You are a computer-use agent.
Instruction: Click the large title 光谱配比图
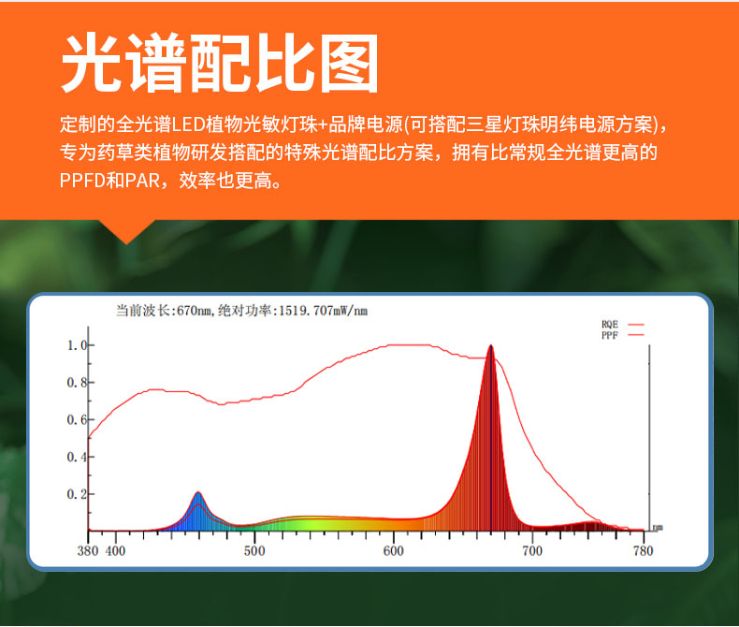[x=220, y=64]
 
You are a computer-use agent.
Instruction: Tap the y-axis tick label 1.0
[x=78, y=345]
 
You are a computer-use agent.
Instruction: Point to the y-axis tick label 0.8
[x=78, y=383]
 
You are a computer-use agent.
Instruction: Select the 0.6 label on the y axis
[x=78, y=419]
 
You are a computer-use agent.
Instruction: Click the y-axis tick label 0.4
[x=78, y=457]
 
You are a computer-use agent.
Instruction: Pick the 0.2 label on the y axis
[x=78, y=494]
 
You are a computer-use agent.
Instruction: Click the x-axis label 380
[x=88, y=551]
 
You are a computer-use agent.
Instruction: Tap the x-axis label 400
[x=115, y=551]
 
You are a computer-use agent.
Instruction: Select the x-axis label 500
[x=254, y=551]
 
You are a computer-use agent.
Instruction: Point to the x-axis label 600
[x=394, y=551]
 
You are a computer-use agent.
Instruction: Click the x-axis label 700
[x=532, y=551]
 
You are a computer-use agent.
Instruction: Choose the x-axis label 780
[x=644, y=551]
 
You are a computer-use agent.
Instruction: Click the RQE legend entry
[x=622, y=325]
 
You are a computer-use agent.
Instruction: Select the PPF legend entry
[x=622, y=335]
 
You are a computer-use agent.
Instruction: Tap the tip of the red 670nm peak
[x=491, y=345]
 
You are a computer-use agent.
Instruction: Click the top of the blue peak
[x=198, y=492]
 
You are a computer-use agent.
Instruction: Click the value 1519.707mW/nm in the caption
[x=324, y=311]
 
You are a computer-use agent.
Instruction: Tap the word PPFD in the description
[x=82, y=181]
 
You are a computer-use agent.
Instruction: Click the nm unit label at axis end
[x=658, y=528]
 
